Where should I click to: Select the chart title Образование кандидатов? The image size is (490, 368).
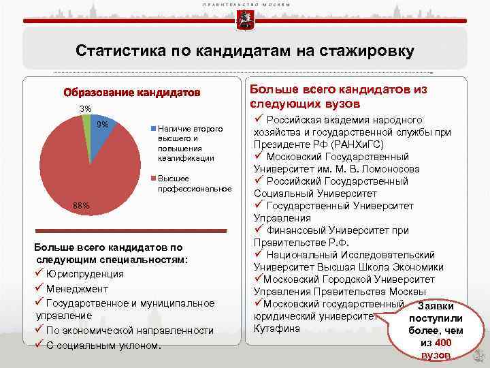pyautogui.click(x=132, y=92)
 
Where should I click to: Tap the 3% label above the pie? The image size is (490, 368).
pyautogui.click(x=85, y=109)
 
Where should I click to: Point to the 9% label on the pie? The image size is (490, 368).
pyautogui.click(x=103, y=124)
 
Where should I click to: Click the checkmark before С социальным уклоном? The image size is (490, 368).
pyautogui.click(x=39, y=344)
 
